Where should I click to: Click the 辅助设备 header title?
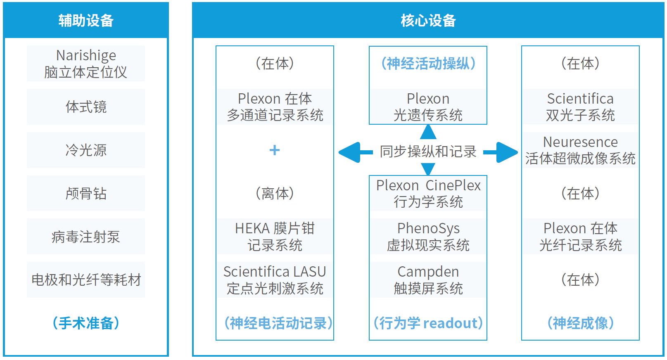click(x=86, y=21)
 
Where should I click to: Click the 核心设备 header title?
click(x=428, y=21)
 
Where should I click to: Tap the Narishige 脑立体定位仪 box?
click(x=86, y=64)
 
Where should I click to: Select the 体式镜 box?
click(x=86, y=107)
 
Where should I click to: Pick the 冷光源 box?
click(x=86, y=150)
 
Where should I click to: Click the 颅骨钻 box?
click(x=86, y=193)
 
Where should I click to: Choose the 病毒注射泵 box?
click(x=86, y=237)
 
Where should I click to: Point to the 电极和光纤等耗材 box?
click(x=86, y=279)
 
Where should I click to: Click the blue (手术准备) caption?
click(x=86, y=323)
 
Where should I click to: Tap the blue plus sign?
click(x=275, y=150)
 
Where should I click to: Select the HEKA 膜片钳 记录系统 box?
click(x=275, y=237)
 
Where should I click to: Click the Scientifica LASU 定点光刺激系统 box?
click(x=275, y=279)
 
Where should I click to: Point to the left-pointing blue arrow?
click(x=356, y=152)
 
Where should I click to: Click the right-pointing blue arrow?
click(x=501, y=152)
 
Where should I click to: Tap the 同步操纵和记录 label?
click(x=428, y=152)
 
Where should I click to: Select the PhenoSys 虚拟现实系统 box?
click(x=428, y=237)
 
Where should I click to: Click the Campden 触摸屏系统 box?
click(x=428, y=279)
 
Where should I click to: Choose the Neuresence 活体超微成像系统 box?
click(x=580, y=150)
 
